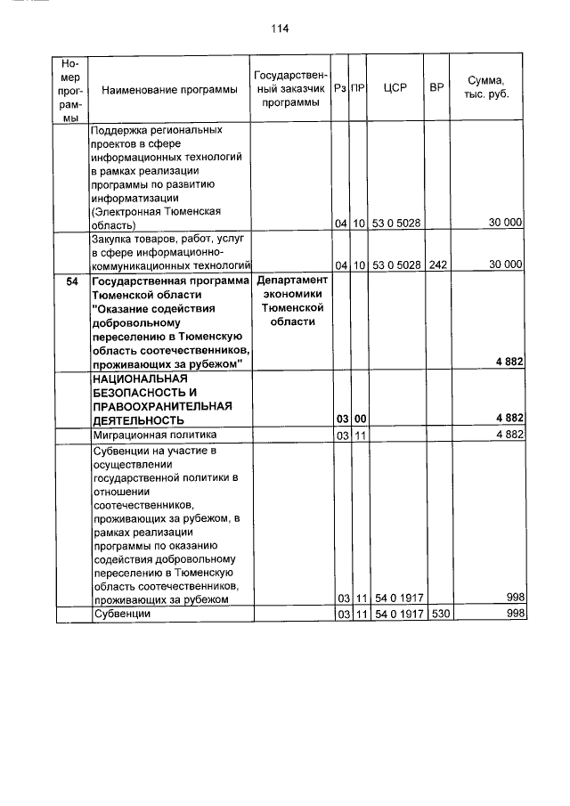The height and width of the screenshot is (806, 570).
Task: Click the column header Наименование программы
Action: click(163, 90)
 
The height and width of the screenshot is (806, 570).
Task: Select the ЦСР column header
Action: click(395, 89)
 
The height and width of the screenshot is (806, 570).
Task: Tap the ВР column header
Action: click(436, 89)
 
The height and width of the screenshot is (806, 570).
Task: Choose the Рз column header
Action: click(340, 89)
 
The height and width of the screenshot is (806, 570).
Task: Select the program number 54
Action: click(72, 281)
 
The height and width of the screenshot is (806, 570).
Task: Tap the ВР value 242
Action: click(436, 265)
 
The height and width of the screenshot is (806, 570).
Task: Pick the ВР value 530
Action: click(436, 615)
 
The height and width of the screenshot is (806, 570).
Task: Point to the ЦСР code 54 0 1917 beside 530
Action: click(395, 615)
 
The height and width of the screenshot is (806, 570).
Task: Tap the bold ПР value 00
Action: click(359, 419)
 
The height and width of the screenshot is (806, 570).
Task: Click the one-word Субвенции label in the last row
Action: click(121, 615)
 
